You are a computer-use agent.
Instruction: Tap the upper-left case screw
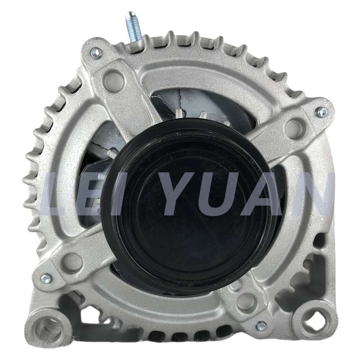tap(96, 53)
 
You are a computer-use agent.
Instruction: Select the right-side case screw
tap(321, 112)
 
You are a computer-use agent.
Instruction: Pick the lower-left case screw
tap(46, 278)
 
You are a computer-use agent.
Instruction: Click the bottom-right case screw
tap(261, 326)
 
